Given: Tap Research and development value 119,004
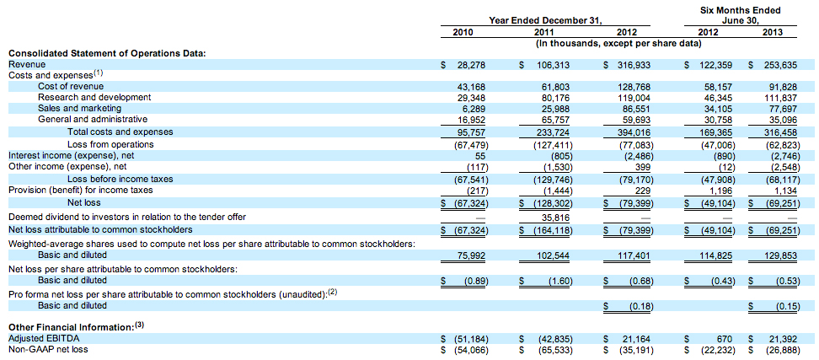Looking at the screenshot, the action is [x=635, y=97].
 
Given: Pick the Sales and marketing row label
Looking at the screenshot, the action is [x=79, y=108].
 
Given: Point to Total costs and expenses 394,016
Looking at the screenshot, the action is [x=635, y=132].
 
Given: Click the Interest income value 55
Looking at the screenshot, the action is [x=484, y=155].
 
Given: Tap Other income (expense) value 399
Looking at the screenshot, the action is [x=645, y=167].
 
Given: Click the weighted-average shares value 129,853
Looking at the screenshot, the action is [x=783, y=255].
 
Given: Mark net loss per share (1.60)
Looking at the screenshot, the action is [x=559, y=281].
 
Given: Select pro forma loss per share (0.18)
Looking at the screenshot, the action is [x=640, y=306].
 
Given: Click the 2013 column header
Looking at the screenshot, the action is [x=772, y=32].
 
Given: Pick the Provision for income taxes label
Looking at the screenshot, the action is [x=81, y=191].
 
